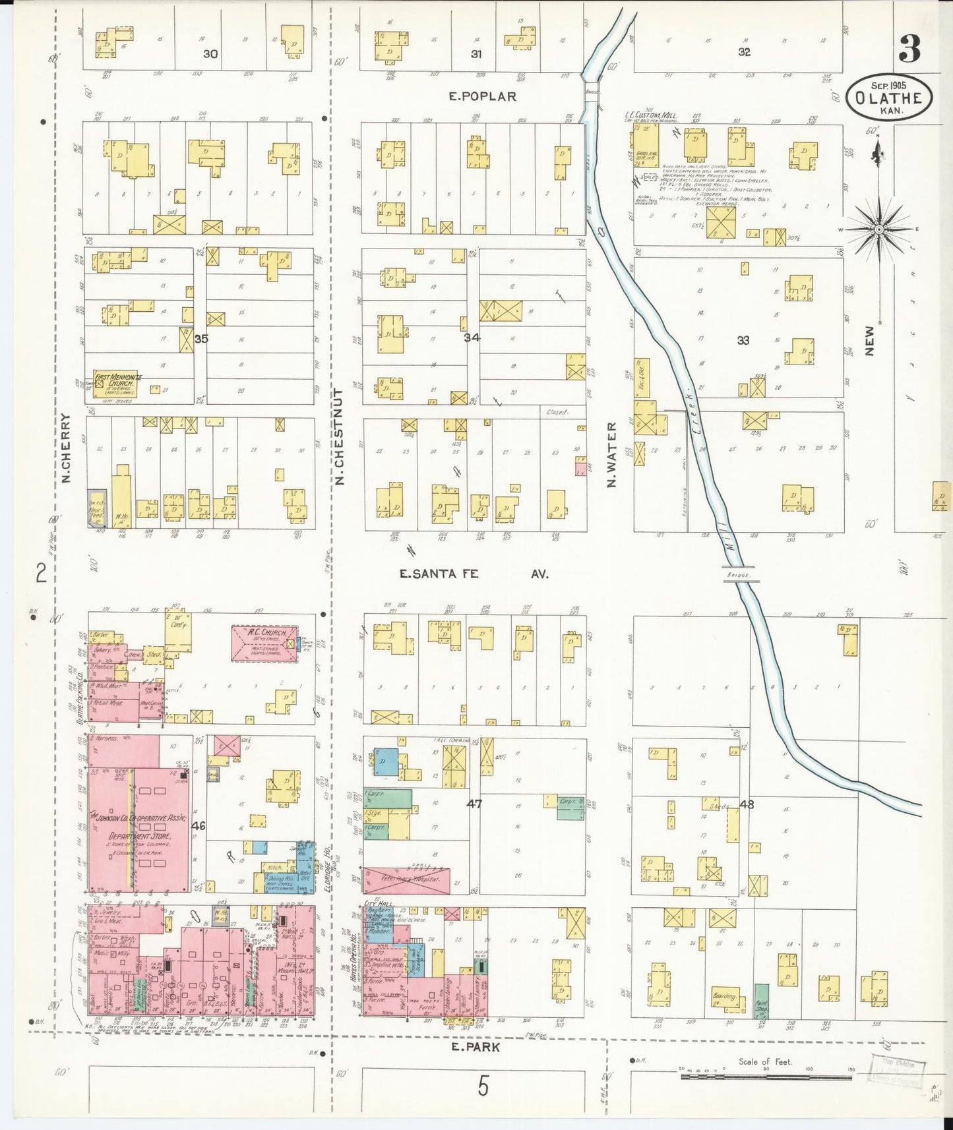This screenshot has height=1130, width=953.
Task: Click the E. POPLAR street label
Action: (482, 96)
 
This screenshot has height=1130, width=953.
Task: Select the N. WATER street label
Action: (611, 455)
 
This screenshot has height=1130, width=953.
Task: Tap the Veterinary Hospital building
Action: (406, 880)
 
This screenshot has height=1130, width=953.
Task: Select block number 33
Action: (743, 341)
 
